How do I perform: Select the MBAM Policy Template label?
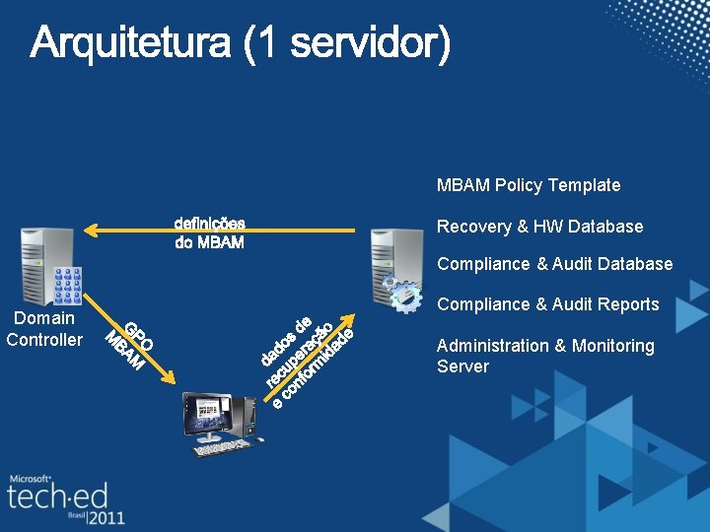(x=529, y=185)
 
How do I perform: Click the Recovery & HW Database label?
(x=539, y=227)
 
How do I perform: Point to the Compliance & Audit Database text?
(x=554, y=264)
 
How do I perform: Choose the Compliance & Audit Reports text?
(x=547, y=304)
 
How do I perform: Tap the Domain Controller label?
(x=44, y=329)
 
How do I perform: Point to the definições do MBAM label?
(x=210, y=233)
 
